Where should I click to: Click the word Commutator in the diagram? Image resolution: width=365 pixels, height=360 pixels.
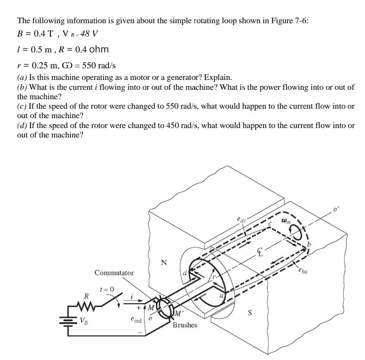(114, 273)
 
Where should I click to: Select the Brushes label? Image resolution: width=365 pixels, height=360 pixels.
(185, 325)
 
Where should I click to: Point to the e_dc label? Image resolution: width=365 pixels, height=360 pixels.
(242, 220)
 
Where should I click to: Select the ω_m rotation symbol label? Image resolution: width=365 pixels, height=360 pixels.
(286, 221)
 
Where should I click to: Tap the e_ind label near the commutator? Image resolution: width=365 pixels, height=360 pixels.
(136, 320)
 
